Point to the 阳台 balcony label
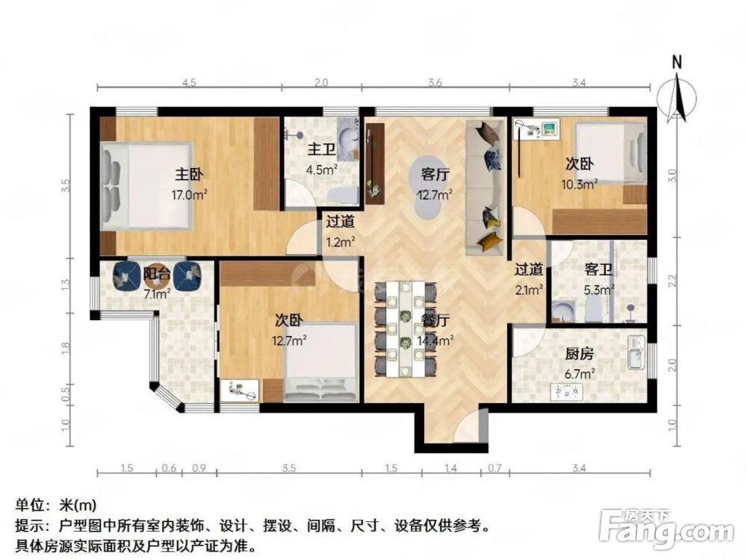pyautogui.click(x=156, y=275)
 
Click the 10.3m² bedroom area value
pyautogui.click(x=579, y=184)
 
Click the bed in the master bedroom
pyautogui.click(x=149, y=185)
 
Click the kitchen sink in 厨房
pyautogui.click(x=636, y=353)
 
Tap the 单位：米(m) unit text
pyautogui.click(x=56, y=505)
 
